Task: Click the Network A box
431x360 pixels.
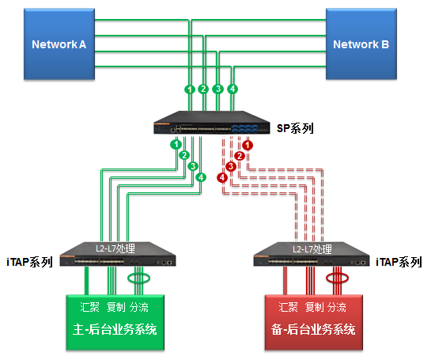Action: pyautogui.click(x=59, y=44)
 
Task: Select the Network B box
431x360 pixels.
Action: pyautogui.click(x=361, y=44)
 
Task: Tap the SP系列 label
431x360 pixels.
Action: pyautogui.click(x=295, y=128)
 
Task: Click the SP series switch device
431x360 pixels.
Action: pyautogui.click(x=212, y=123)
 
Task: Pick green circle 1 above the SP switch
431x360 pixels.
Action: pyautogui.click(x=190, y=89)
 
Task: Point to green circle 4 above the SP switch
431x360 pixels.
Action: pyautogui.click(x=233, y=89)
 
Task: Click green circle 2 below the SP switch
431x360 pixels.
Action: pyautogui.click(x=184, y=155)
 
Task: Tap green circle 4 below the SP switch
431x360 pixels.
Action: pyautogui.click(x=201, y=177)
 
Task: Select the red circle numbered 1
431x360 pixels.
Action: pyautogui.click(x=248, y=146)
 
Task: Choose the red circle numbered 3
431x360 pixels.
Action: pyautogui.click(x=231, y=167)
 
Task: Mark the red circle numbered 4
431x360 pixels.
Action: pyautogui.click(x=222, y=178)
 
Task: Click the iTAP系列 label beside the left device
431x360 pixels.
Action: pyautogui.click(x=30, y=262)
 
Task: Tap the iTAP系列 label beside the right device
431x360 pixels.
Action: pyautogui.click(x=399, y=262)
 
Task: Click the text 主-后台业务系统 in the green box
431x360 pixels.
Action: pyautogui.click(x=115, y=329)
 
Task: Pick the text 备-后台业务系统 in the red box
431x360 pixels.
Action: pyautogui.click(x=313, y=329)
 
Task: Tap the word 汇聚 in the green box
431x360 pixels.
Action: pyautogui.click(x=89, y=307)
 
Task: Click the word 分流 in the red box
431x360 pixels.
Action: pyautogui.click(x=337, y=307)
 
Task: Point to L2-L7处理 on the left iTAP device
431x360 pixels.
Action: pyautogui.click(x=115, y=248)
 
